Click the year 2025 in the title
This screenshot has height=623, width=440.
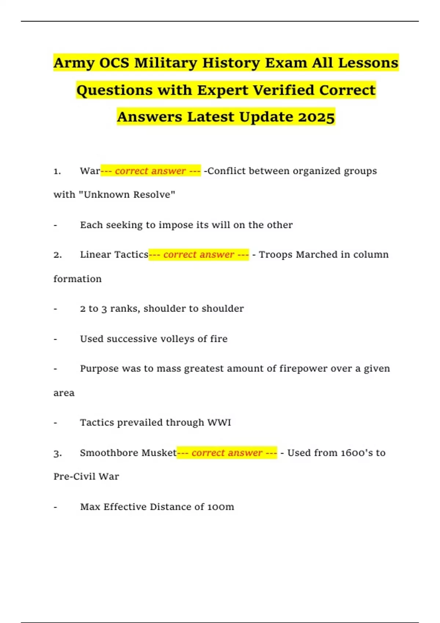click(316, 117)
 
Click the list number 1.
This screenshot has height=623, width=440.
click(57, 171)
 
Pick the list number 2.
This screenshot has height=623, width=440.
click(57, 255)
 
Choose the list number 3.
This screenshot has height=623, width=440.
click(57, 453)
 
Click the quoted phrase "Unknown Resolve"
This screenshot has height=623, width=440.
click(127, 195)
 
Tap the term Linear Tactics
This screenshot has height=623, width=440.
click(114, 255)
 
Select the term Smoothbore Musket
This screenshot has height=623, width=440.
click(128, 453)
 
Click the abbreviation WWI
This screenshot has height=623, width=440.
click(219, 423)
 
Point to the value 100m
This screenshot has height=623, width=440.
click(220, 507)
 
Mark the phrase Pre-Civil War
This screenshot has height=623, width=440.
click(86, 476)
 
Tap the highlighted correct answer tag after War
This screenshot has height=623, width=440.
click(151, 171)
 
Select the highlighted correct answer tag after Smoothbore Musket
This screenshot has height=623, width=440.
click(227, 453)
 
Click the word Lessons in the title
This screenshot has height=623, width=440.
click(368, 63)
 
